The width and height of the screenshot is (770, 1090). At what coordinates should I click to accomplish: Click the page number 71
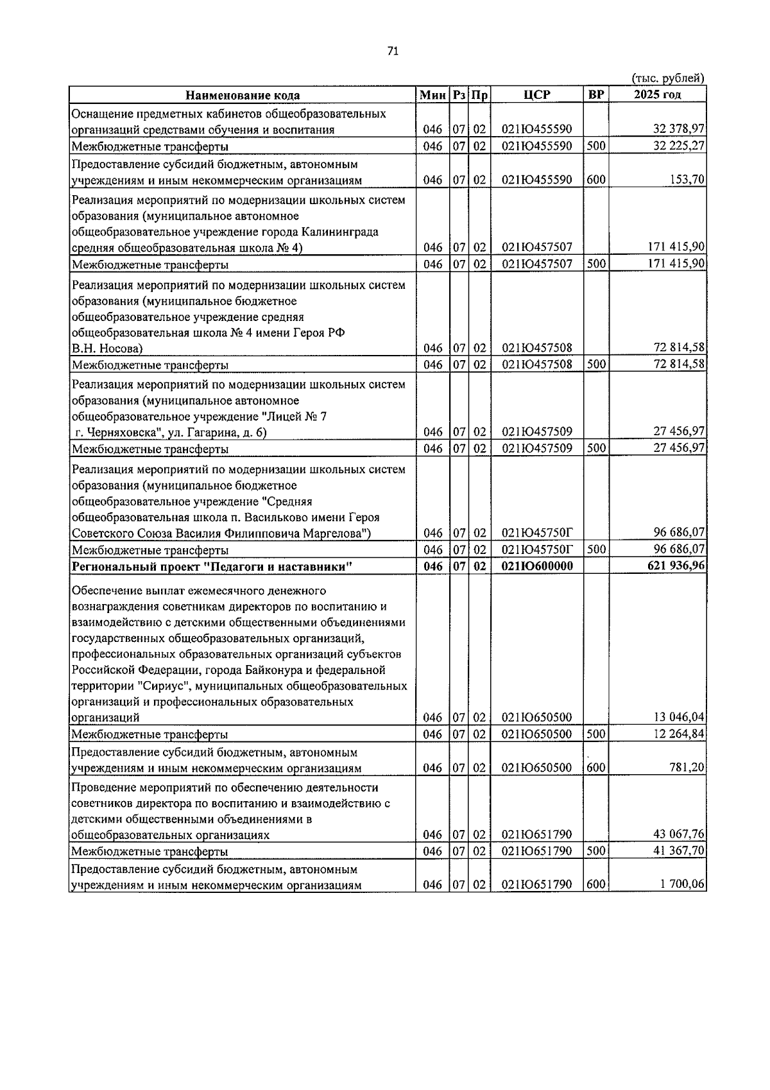[x=393, y=52]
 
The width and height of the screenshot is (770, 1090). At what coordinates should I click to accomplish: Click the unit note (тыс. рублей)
[x=668, y=78]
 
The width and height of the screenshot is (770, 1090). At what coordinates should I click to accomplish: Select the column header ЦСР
[x=536, y=95]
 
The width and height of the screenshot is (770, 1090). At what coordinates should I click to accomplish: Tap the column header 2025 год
[x=657, y=95]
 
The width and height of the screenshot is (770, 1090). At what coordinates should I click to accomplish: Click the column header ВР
[x=595, y=95]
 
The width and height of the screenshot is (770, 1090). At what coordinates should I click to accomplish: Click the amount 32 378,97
[x=679, y=130]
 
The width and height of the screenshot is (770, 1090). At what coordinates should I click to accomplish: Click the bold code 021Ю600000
[x=537, y=566]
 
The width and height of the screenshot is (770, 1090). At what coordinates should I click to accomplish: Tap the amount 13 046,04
[x=679, y=718]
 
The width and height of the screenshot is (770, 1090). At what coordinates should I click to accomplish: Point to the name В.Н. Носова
[x=107, y=349]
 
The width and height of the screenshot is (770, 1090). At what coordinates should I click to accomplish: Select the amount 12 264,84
[x=679, y=734]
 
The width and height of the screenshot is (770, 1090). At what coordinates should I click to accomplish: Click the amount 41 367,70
[x=679, y=852]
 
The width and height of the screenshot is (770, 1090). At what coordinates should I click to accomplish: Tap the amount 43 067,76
[x=679, y=835]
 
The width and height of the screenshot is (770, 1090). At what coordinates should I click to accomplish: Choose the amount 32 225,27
[x=679, y=146]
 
